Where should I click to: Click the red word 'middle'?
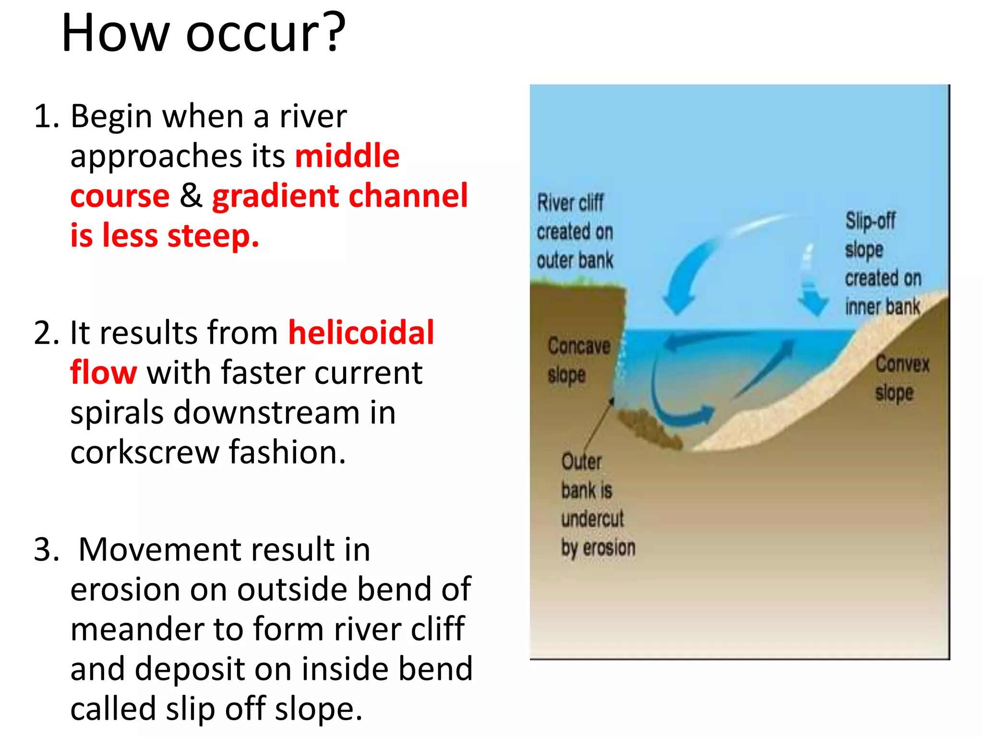(347, 156)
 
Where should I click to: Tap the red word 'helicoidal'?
(361, 333)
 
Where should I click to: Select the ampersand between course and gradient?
(191, 196)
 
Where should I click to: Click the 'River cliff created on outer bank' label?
(574, 232)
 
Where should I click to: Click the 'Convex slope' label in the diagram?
(901, 378)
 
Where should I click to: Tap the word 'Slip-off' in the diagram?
(870, 221)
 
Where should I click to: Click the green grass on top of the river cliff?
(576, 286)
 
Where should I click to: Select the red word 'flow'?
(103, 373)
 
